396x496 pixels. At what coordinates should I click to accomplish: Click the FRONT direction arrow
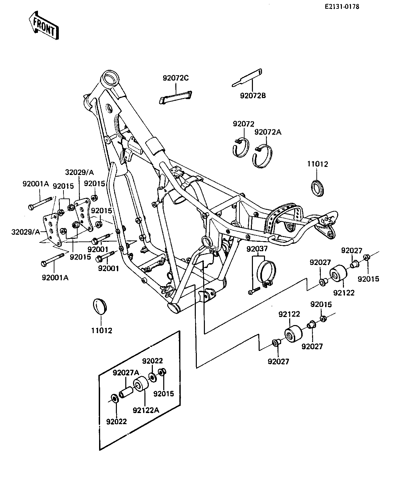44,25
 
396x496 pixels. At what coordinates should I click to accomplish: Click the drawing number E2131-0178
342,7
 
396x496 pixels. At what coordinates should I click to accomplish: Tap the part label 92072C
176,78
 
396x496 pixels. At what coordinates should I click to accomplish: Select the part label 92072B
253,95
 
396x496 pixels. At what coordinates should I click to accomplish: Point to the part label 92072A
268,132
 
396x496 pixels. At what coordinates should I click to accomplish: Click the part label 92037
257,249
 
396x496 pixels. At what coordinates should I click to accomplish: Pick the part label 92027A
126,373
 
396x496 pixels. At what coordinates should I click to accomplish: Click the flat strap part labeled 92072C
176,97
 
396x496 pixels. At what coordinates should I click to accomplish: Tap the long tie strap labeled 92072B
247,78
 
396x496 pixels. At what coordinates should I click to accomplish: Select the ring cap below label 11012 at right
317,188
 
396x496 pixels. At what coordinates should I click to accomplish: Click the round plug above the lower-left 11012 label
100,306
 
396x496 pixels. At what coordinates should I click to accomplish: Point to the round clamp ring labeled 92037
266,273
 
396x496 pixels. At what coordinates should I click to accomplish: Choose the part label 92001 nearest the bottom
108,268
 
